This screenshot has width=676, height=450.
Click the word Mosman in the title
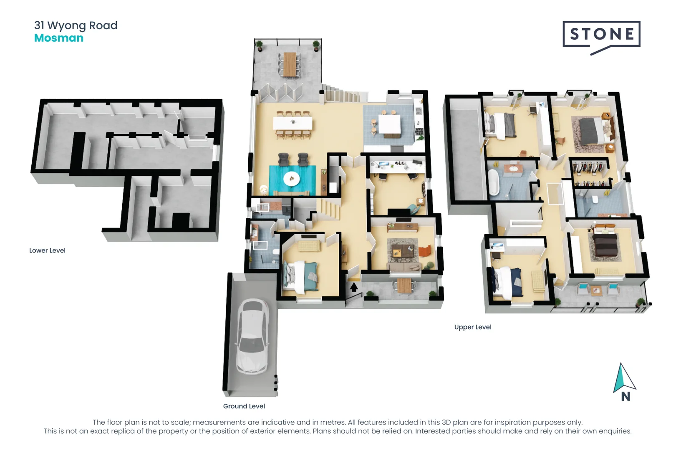pos(59,38)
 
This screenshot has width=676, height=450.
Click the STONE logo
pos(601,34)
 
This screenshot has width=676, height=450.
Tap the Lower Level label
pos(47,250)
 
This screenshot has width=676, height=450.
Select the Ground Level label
pos(244,406)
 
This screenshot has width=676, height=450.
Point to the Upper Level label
pos(473,327)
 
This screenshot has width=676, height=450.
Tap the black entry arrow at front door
pos(354,287)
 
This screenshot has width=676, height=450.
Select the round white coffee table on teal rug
pos(291,179)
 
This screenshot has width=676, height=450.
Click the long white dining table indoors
pos(293,123)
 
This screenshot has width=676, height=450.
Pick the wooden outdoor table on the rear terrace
pos(290,64)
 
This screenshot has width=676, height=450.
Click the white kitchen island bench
pos(390,124)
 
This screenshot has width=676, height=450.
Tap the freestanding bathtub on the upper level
pos(494,182)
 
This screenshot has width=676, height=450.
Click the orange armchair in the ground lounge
pos(424,251)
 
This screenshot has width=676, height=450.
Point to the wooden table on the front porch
pos(404,285)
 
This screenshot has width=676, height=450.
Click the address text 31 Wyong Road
pos(76,25)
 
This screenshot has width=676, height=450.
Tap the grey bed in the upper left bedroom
pos(501,125)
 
